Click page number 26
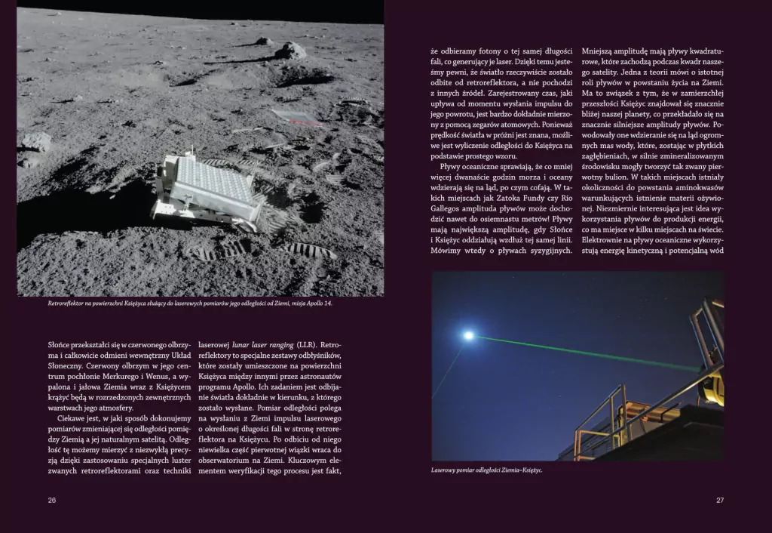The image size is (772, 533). click(x=52, y=500)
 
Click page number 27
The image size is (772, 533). click(x=719, y=500)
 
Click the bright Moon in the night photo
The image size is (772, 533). click(x=468, y=335)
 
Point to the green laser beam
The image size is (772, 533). click(x=588, y=353)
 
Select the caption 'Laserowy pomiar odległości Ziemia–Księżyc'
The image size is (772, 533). click(x=487, y=470)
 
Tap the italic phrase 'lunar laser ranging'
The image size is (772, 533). click(x=264, y=344)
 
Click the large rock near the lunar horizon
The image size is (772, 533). click(x=289, y=51)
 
